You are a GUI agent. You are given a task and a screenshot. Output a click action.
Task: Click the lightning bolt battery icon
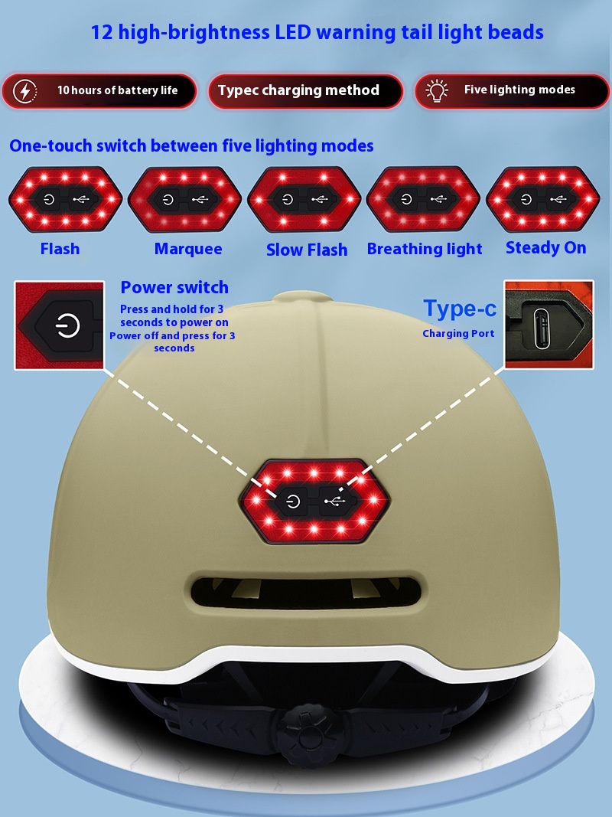pyautogui.click(x=24, y=91)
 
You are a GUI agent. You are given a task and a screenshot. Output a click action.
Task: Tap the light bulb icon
pyautogui.click(x=437, y=90)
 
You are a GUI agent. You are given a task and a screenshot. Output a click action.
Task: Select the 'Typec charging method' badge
pyautogui.click(x=305, y=91)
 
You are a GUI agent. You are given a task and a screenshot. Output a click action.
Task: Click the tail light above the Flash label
pyautogui.click(x=66, y=199)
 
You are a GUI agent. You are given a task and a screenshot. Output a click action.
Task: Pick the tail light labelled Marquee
pyautogui.click(x=184, y=199)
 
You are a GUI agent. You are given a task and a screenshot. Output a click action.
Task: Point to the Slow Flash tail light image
pyautogui.click(x=304, y=199)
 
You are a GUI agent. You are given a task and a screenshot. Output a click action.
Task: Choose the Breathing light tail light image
pyautogui.click(x=423, y=199)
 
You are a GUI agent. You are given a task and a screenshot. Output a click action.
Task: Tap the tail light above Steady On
pyautogui.click(x=543, y=199)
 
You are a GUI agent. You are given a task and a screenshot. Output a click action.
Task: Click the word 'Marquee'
pyautogui.click(x=188, y=249)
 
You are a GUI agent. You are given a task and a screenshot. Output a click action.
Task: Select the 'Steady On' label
pyautogui.click(x=546, y=247)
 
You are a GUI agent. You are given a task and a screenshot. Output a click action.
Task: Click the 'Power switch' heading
pyautogui.click(x=174, y=287)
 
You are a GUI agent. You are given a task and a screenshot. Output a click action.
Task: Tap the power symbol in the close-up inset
pyautogui.click(x=67, y=326)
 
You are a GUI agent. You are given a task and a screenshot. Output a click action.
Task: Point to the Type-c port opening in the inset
pyautogui.click(x=541, y=328)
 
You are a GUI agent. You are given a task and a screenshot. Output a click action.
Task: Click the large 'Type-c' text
pyautogui.click(x=460, y=309)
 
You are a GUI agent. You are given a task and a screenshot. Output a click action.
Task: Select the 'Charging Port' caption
pyautogui.click(x=458, y=334)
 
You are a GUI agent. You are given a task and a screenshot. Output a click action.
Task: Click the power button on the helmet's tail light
pyautogui.click(x=294, y=502)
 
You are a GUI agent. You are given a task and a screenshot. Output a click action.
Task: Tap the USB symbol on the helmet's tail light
pyautogui.click(x=334, y=502)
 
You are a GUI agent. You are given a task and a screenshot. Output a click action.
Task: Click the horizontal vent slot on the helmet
pyautogui.click(x=305, y=592)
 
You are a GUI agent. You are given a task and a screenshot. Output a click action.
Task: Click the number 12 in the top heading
pyautogui.click(x=102, y=32)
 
